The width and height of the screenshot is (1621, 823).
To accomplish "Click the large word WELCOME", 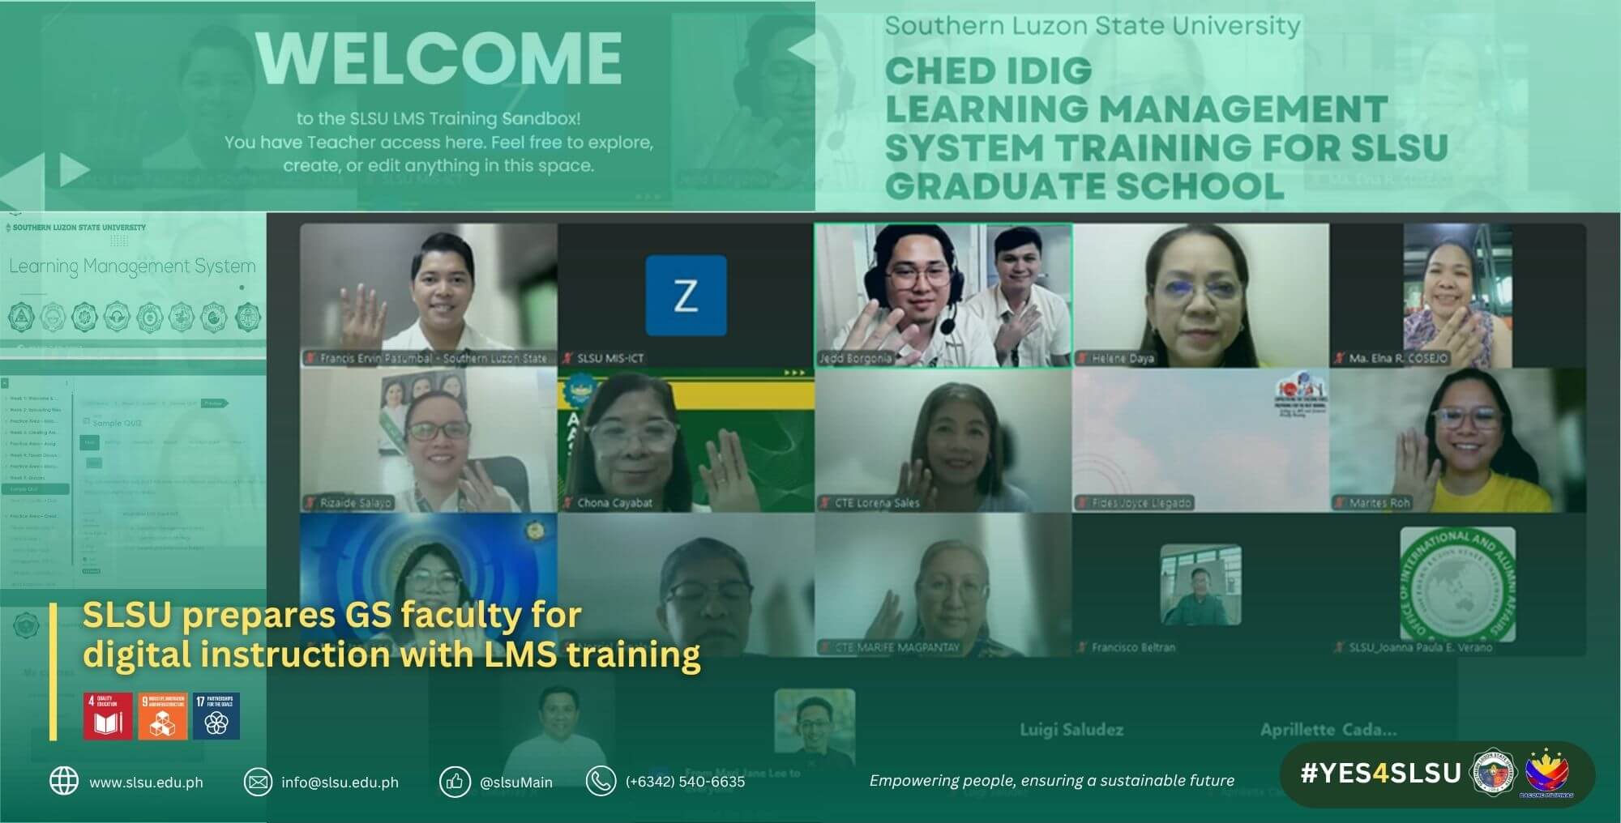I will pos(439,58).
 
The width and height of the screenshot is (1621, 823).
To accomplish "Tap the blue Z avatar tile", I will pos(686,295).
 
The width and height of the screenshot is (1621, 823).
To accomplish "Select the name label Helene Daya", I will pos(1123,358).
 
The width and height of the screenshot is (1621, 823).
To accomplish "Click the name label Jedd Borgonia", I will pos(855,358).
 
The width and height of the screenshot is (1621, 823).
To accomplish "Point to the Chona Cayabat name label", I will pos(614,503).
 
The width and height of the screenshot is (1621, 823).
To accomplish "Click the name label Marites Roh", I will pos(1379,503).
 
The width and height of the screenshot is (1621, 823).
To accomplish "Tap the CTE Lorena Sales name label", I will pos(877,503).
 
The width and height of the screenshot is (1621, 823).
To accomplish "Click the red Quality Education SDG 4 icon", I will pos(108,716).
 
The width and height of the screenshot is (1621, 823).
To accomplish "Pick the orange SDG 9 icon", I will pos(162,716).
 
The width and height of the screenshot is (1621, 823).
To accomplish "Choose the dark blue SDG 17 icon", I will pos(216,716).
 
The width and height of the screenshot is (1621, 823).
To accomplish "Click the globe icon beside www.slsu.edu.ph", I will pos(64,781).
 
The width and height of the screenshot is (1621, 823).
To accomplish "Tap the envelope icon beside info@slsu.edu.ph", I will pos(258,782).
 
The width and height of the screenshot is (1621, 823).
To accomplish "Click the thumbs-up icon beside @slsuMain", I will pos(454,782).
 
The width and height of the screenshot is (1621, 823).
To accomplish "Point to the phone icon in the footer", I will pos(601,781).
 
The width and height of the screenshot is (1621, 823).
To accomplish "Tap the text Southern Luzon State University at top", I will pos(1092,26).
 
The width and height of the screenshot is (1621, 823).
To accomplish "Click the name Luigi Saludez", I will pos(1071,730).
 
